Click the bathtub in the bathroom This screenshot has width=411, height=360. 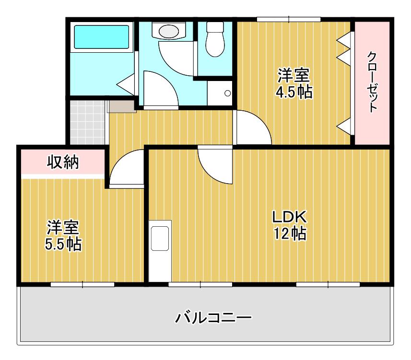[102, 37]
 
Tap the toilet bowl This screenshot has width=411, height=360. [215, 39]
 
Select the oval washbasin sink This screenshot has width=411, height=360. [169, 31]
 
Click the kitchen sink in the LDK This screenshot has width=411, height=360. [160, 238]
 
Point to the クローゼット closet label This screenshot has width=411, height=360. [372, 82]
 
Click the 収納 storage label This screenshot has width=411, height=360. [63, 162]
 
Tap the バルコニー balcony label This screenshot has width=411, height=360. [213, 317]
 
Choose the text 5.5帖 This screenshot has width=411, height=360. [63, 244]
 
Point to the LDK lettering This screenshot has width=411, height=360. [289, 217]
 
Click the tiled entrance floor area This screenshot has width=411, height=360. [87, 122]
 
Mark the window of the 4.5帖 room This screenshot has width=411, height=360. [289, 19]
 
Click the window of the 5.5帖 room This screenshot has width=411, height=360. [82, 284]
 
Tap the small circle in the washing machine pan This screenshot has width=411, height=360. [227, 93]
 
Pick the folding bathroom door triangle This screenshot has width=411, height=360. [126, 84]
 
